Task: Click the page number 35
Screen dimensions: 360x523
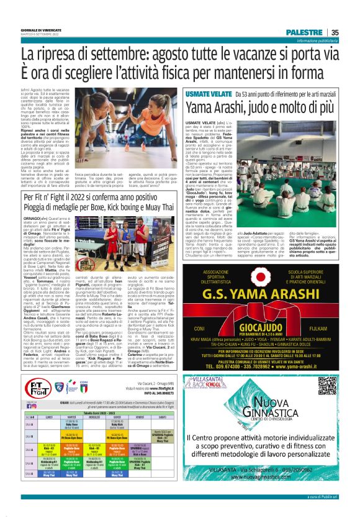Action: click(x=335, y=32)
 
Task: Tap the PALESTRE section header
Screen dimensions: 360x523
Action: click(x=304, y=32)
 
